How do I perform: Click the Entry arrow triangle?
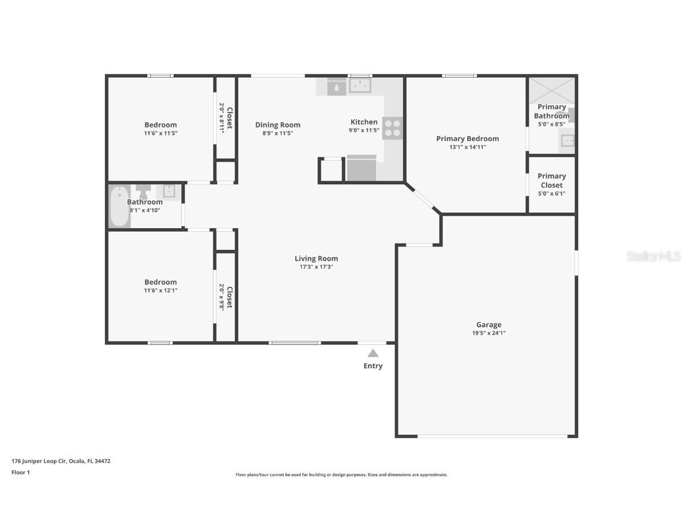click(373, 353)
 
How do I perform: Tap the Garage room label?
click(489, 325)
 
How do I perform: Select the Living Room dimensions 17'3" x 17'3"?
click(316, 267)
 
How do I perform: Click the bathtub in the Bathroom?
click(119, 206)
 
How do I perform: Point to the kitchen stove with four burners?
click(392, 127)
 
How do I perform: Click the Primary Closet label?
click(551, 180)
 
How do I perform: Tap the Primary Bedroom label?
click(467, 139)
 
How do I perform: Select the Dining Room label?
click(277, 124)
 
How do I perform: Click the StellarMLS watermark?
click(653, 256)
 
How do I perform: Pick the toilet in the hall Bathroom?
click(143, 191)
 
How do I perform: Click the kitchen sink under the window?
click(359, 87)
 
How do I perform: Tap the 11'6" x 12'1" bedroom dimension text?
click(160, 290)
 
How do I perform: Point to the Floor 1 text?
click(20, 472)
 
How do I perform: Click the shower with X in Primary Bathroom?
click(551, 90)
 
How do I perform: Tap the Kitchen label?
click(363, 122)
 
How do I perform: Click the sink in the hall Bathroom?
click(169, 191)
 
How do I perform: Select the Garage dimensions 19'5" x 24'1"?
click(489, 333)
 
